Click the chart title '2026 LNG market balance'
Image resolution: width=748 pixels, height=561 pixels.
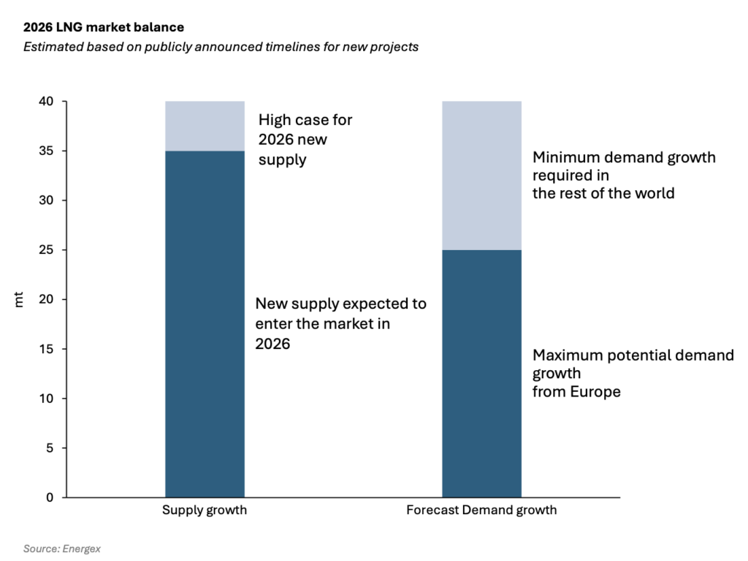tap(103, 27)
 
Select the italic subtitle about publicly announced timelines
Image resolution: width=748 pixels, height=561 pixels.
tap(221, 47)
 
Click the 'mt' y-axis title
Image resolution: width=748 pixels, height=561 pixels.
tap(19, 300)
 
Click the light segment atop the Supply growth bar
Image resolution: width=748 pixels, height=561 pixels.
tap(205, 126)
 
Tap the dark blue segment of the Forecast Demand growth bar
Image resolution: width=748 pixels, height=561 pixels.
tap(481, 373)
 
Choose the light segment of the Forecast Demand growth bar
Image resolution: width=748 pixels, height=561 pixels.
tap(481, 176)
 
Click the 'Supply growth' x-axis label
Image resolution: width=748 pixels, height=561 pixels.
tap(205, 511)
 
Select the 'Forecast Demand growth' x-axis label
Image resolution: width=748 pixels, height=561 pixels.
tap(481, 511)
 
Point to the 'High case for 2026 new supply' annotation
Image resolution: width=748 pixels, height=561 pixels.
tap(305, 139)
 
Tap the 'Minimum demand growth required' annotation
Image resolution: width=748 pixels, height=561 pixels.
tap(624, 176)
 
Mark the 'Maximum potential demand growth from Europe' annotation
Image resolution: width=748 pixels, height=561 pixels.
tap(633, 373)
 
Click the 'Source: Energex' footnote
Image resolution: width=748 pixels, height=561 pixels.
tap(61, 549)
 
